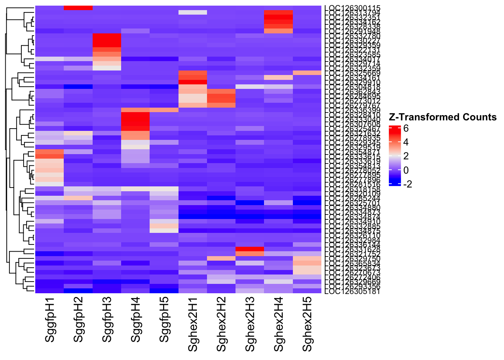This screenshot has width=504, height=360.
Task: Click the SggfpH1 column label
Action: (50, 320)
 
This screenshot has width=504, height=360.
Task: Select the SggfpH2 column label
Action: (78, 320)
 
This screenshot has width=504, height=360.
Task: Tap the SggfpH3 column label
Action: (107, 320)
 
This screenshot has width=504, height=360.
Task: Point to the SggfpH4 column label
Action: (136, 320)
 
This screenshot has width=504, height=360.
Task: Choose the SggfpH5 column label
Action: (165, 320)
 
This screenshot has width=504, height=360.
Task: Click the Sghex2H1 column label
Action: (193, 324)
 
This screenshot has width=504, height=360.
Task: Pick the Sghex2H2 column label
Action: (222, 324)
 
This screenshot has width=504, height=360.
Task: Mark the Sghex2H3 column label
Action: (250, 324)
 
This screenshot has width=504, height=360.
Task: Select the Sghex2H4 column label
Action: (279, 324)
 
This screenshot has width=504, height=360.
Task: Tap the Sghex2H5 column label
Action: (308, 324)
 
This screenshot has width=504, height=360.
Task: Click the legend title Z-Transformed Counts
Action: (443, 117)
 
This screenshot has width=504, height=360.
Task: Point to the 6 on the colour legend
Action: (406, 129)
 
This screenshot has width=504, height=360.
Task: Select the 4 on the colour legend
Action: (406, 142)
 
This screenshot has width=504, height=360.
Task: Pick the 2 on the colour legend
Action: (406, 156)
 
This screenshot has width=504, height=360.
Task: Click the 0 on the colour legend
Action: (406, 170)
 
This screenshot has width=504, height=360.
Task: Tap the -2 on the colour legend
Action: (407, 184)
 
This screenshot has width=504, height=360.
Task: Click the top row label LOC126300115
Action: (352, 8)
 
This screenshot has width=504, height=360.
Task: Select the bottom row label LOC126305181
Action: (352, 291)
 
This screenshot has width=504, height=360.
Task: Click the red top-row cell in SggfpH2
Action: (78, 8)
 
